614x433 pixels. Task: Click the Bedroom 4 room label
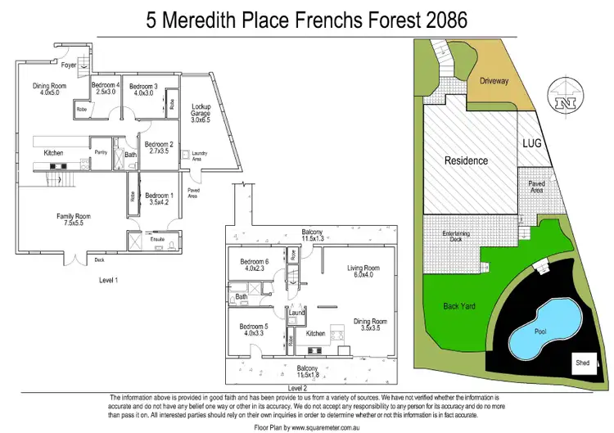point(106,85)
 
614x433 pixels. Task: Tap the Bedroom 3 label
point(143,85)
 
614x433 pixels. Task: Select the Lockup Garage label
point(201,112)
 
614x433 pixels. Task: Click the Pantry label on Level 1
point(102,152)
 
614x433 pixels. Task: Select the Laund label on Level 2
point(297,313)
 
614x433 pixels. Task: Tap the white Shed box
point(583,363)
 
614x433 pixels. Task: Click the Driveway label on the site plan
point(494,81)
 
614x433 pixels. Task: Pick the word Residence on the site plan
point(466,160)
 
